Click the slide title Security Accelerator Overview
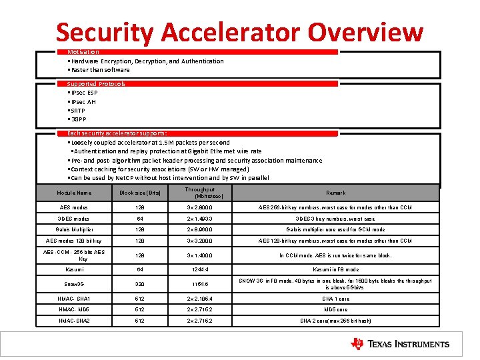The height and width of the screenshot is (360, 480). pyautogui.click(x=239, y=31)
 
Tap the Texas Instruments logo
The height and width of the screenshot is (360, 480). pyautogui.click(x=400, y=344)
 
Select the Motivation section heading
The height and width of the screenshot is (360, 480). pyautogui.click(x=83, y=52)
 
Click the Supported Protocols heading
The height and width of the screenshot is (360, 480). pyautogui.click(x=96, y=84)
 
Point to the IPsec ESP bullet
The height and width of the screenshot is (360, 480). pyautogui.click(x=83, y=93)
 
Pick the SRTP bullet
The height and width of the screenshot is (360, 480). pyautogui.click(x=79, y=111)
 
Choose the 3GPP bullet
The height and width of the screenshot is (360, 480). pyautogui.click(x=79, y=120)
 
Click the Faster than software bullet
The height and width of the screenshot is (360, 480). pyautogui.click(x=99, y=70)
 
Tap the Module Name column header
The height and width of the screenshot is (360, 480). pyautogui.click(x=74, y=193)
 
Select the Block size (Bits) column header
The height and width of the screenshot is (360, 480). pyautogui.click(x=140, y=193)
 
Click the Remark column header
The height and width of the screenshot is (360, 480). pyautogui.click(x=335, y=193)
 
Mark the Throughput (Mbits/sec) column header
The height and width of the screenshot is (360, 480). pyautogui.click(x=199, y=193)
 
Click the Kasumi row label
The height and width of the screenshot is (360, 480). pyautogui.click(x=74, y=270)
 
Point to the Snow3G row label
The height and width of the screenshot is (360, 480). pyautogui.click(x=74, y=284)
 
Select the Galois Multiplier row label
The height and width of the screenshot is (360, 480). pyautogui.click(x=74, y=229)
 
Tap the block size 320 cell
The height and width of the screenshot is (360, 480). pyautogui.click(x=140, y=284)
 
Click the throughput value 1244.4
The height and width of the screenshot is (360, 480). pyautogui.click(x=199, y=270)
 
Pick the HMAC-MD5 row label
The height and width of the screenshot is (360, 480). pyautogui.click(x=74, y=309)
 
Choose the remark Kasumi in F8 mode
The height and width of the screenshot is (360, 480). pyautogui.click(x=335, y=270)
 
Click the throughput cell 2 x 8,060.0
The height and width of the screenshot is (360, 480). pyautogui.click(x=199, y=229)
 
